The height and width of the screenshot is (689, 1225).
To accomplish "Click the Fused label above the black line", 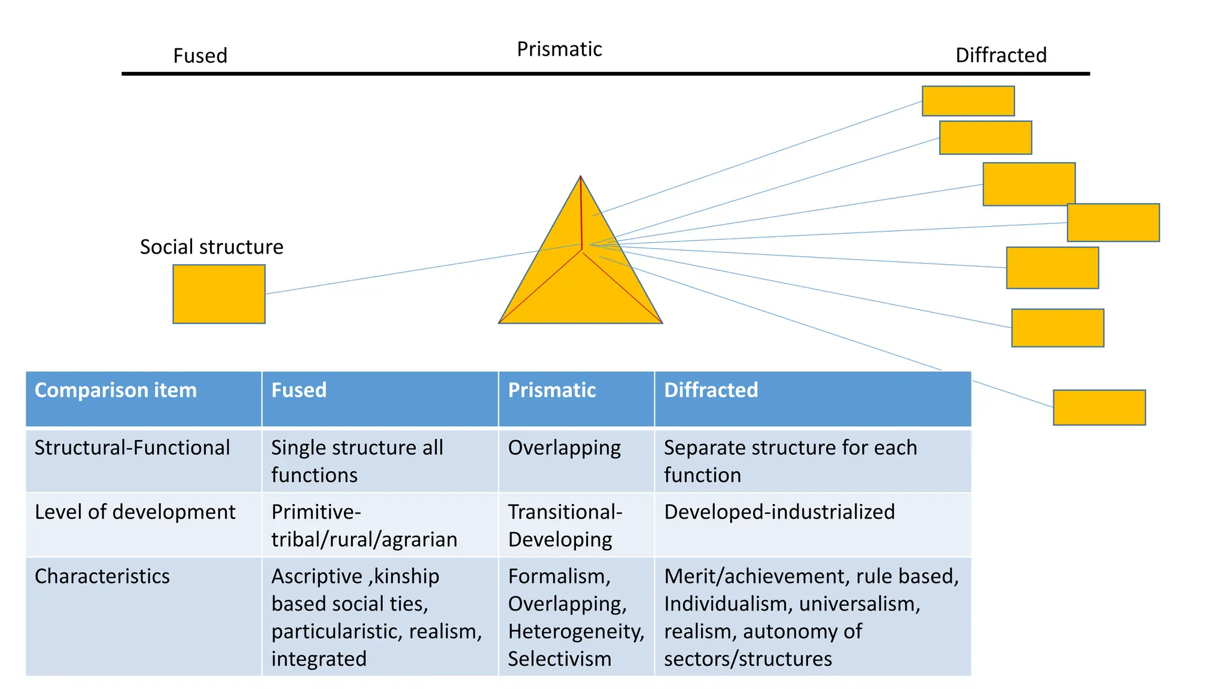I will click(200, 56).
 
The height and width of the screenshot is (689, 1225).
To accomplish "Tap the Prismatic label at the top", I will click(559, 49).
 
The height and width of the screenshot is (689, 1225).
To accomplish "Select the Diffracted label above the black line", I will click(1001, 55).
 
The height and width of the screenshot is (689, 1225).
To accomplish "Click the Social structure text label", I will click(211, 247).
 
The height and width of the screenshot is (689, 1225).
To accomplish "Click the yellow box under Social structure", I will click(219, 294).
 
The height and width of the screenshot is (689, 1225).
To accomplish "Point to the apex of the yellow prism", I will click(580, 178).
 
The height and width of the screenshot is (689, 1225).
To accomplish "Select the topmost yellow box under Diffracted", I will click(968, 101).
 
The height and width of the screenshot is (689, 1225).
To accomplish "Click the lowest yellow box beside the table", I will click(1099, 407).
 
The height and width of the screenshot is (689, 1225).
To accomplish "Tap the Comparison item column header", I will click(115, 390).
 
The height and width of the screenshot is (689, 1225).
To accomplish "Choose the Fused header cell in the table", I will click(298, 390).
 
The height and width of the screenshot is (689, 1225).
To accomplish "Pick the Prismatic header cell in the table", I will click(551, 390).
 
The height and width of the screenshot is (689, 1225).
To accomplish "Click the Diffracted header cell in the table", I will click(711, 390).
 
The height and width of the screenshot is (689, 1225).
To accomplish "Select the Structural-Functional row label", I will click(132, 447).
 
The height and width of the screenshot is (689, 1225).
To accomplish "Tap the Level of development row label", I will click(135, 512).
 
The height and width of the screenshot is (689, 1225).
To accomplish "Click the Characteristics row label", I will click(102, 576).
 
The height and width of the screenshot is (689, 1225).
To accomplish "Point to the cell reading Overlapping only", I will click(564, 448).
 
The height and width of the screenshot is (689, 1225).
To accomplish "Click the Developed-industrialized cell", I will click(779, 512).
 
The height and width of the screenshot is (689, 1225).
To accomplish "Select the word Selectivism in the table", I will click(559, 658).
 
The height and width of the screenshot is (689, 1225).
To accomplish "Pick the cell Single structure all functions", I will click(357, 461).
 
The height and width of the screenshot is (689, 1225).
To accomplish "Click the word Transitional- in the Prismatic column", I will click(565, 512).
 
